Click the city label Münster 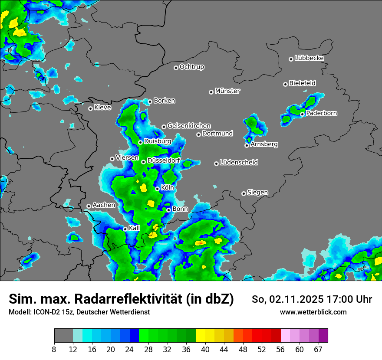tap(227, 91)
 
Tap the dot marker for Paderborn tap(302, 114)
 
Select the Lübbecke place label tap(309, 58)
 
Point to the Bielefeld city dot tap(285, 84)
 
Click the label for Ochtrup tap(191, 67)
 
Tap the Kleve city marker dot tap(90, 108)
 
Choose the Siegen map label tap(257, 193)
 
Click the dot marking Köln tap(157, 189)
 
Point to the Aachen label tap(104, 205)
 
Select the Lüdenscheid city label tap(239, 163)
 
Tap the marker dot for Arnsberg tap(247, 145)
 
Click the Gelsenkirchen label tap(189, 126)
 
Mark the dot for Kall tap(125, 229)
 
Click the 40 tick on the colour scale tap(205, 349)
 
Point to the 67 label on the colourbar tap(318, 349)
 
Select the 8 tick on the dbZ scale tap(54, 349)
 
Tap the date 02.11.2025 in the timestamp tap(293, 299)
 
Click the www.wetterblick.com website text tap(313, 312)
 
